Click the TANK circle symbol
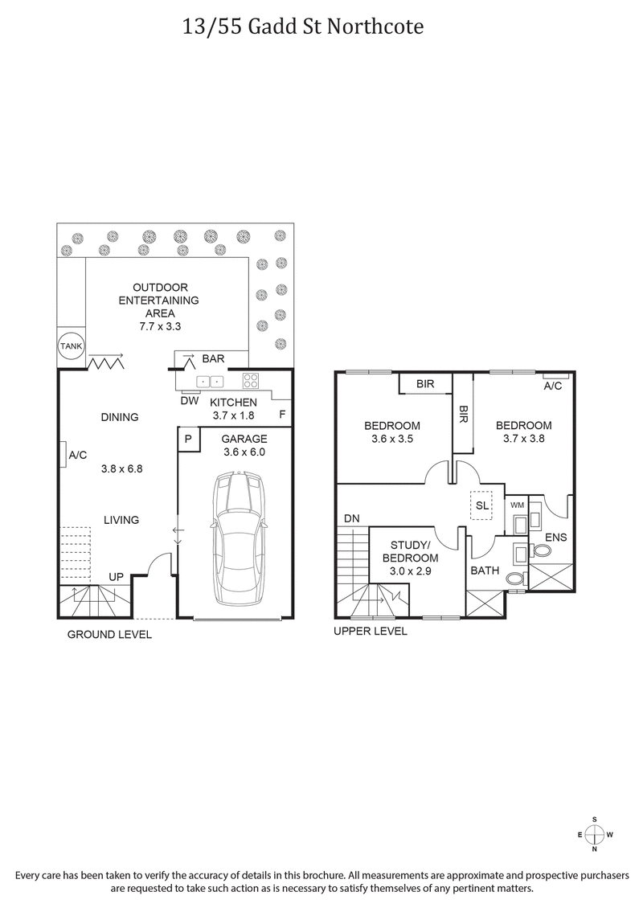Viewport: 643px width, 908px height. (x=70, y=346)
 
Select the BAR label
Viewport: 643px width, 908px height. (x=213, y=358)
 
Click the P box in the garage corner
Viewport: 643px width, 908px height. (x=187, y=439)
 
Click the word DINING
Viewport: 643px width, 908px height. (x=120, y=417)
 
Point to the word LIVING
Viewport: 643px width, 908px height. (x=121, y=520)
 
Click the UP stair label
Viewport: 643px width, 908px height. (x=117, y=577)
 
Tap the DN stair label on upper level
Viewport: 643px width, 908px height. (x=351, y=519)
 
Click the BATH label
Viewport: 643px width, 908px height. (x=485, y=571)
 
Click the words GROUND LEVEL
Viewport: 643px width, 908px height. (x=109, y=634)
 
